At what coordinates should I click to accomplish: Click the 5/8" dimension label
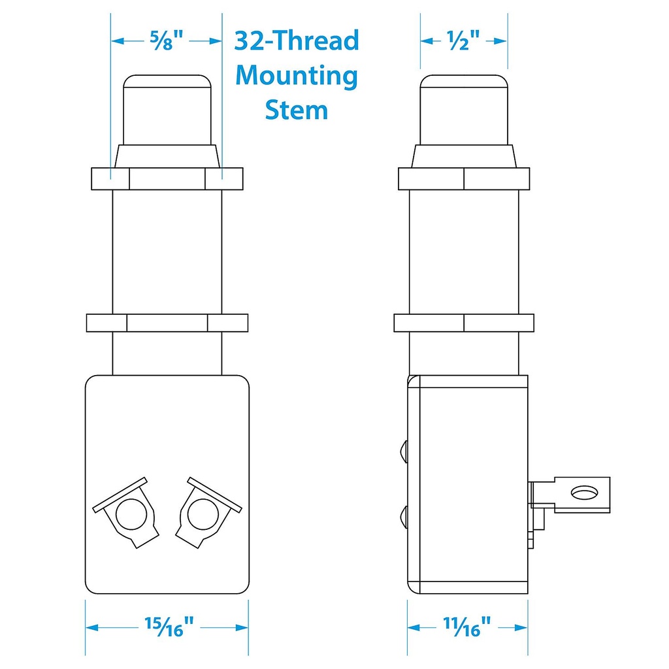click(x=167, y=41)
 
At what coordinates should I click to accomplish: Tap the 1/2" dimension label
click(x=463, y=41)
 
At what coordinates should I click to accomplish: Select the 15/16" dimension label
click(x=169, y=627)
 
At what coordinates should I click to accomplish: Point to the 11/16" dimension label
click(x=466, y=627)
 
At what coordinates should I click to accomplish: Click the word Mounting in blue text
click(x=297, y=76)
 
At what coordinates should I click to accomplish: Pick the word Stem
click(x=297, y=110)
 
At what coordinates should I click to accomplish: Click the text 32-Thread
click(x=297, y=41)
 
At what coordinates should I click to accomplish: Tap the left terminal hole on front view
click(x=131, y=514)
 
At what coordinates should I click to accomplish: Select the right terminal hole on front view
click(x=203, y=514)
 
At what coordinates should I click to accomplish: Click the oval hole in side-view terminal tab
click(x=584, y=493)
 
